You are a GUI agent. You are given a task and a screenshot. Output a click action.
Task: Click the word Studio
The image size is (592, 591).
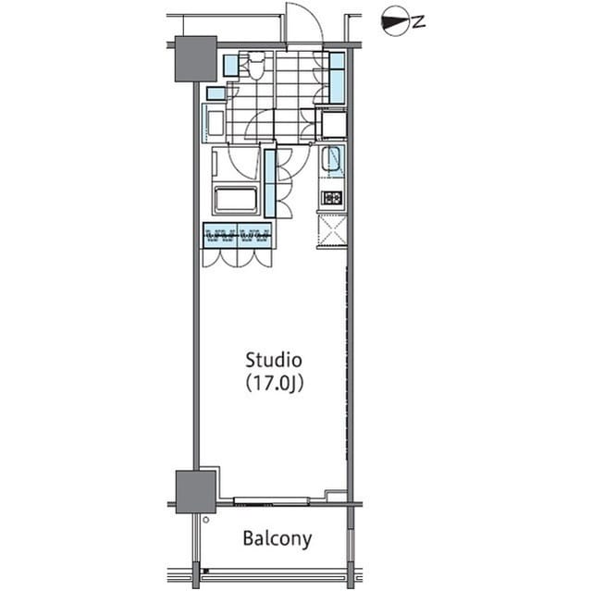274,359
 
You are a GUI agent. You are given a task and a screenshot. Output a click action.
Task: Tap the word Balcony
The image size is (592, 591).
277,538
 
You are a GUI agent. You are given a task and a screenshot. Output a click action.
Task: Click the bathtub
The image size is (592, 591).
236,200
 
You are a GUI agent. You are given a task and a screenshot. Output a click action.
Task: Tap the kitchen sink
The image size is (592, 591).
332,163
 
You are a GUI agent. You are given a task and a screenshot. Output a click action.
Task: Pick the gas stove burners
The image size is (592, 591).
331,198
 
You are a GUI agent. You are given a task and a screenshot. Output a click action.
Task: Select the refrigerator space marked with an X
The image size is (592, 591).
331,228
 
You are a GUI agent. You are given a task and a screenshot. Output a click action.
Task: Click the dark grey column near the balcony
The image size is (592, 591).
195,489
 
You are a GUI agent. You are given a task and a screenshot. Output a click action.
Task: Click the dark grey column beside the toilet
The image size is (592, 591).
195,58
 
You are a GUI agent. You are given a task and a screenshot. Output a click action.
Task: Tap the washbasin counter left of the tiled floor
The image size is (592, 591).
212,123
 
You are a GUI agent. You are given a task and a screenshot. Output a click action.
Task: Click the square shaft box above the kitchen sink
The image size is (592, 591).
330,123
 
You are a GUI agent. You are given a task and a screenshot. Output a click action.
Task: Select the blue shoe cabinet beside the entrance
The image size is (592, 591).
337,78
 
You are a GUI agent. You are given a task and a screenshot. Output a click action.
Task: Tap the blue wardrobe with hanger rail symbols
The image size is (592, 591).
237,236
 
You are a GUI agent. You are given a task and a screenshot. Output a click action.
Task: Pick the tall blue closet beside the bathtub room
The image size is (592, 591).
269,182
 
